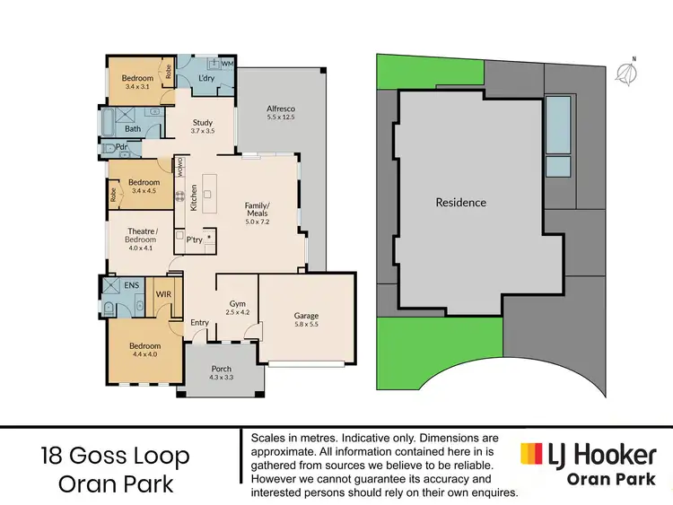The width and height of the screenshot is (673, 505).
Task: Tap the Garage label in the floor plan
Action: (x=306, y=316)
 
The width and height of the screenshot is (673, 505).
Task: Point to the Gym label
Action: (x=237, y=304)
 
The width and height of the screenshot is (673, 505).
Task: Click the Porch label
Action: (x=220, y=369)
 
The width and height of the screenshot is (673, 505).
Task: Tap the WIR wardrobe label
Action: (x=165, y=292)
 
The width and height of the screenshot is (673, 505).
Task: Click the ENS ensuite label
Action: (x=131, y=285)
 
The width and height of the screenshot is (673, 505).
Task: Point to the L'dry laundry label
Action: (x=205, y=79)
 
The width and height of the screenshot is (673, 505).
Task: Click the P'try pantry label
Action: (x=194, y=239)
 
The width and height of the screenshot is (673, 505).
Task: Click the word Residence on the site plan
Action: (x=460, y=203)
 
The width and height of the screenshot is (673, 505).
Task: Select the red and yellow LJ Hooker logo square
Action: (x=530, y=454)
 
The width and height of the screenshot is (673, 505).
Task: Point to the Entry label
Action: (x=199, y=323)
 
